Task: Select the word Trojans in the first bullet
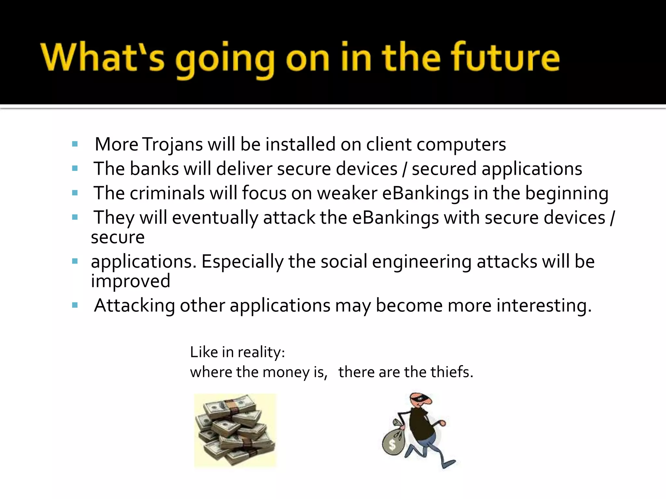coord(173,145)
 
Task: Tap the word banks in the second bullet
coord(154,169)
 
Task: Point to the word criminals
coord(167,193)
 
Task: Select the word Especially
coord(242,262)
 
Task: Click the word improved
coord(130,281)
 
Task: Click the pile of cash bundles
coord(235,430)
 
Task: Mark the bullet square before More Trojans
coord(75,144)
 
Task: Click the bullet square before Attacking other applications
coord(75,305)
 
